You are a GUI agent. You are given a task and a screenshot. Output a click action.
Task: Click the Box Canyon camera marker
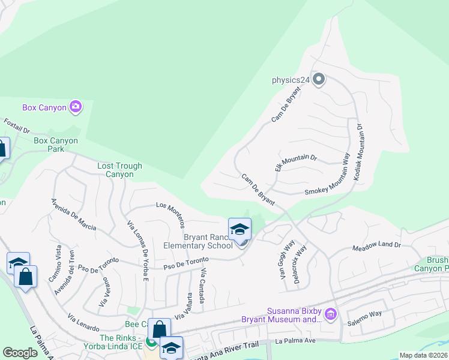coord(76,107)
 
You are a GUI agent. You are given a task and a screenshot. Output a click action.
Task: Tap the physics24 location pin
coord(319,79)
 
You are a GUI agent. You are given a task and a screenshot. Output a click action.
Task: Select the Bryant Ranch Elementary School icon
coord(240,230)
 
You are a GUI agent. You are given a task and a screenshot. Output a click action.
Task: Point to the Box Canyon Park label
coord(56,145)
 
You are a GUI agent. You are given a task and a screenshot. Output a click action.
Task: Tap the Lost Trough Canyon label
coord(120,170)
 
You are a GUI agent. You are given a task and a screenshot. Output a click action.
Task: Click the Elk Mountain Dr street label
coord(295,162)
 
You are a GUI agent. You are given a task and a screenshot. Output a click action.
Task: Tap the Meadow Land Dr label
coord(376,245)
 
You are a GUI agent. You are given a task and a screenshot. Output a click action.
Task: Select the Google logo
coord(20,353)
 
